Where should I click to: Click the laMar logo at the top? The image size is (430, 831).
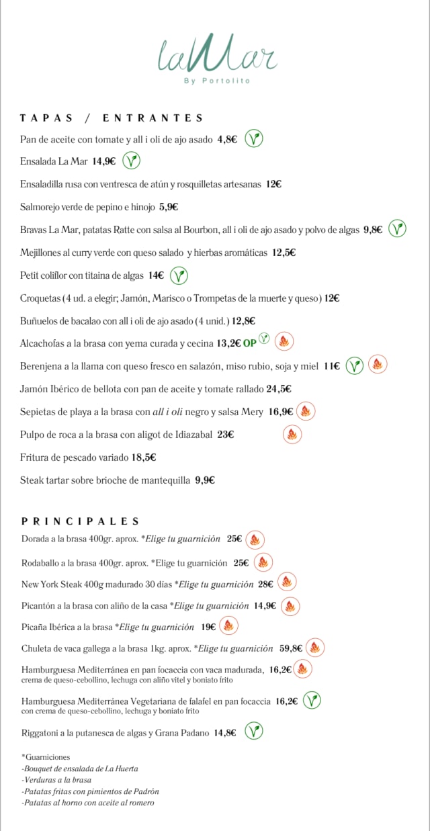(x=217, y=55)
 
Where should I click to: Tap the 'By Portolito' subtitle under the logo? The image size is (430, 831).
(x=217, y=81)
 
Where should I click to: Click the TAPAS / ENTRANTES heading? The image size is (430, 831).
(x=112, y=118)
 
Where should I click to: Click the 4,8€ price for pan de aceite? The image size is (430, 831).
(x=227, y=140)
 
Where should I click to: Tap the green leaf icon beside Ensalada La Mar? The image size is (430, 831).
(x=132, y=161)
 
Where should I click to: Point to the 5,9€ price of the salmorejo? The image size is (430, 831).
(x=169, y=207)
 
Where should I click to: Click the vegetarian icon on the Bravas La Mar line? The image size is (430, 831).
(x=398, y=229)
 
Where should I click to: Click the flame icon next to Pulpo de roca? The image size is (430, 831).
(x=292, y=435)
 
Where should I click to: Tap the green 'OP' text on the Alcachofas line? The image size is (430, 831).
(x=249, y=343)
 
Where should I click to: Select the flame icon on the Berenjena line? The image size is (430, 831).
(x=378, y=365)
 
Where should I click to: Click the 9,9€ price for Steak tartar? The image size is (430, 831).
(x=205, y=480)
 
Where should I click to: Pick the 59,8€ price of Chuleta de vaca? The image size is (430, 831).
(x=291, y=648)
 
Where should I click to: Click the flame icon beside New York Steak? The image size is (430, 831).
(x=287, y=582)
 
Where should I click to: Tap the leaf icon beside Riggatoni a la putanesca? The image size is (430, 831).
(x=253, y=731)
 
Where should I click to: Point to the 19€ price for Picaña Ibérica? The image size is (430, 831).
(x=208, y=627)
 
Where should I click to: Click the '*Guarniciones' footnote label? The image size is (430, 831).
(x=46, y=757)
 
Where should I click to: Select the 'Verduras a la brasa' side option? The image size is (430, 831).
(x=58, y=780)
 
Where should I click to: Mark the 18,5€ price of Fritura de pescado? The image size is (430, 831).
(x=144, y=457)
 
